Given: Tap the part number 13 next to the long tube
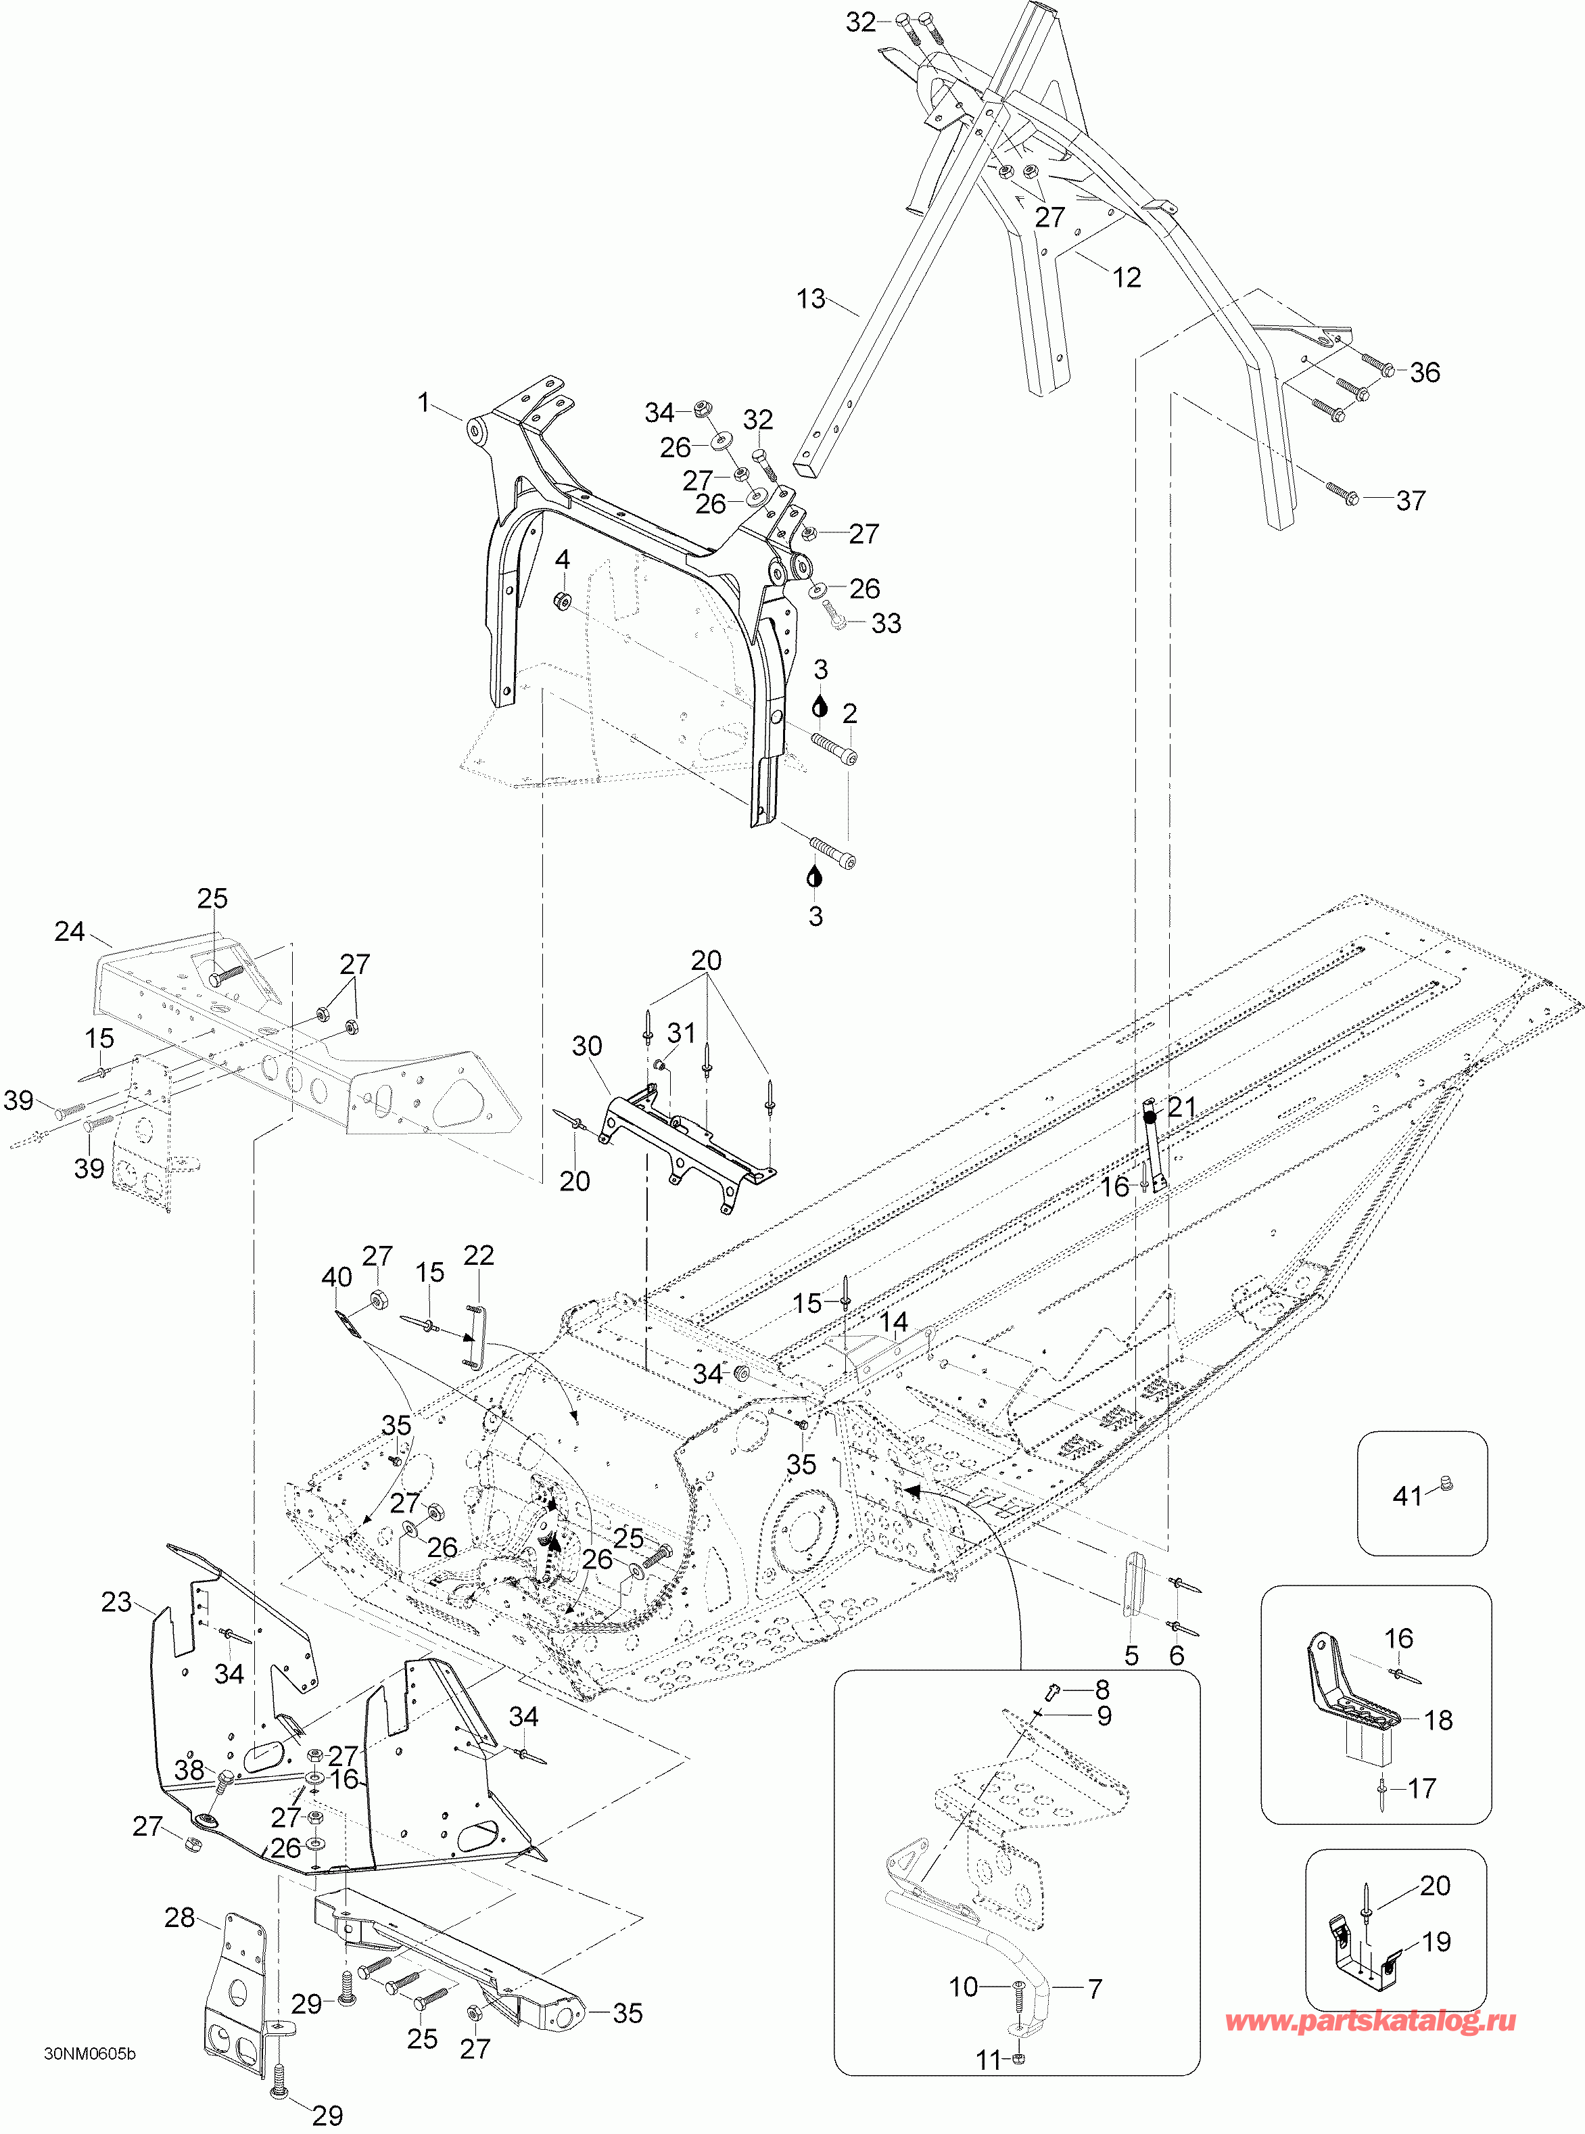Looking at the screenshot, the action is point(811,300).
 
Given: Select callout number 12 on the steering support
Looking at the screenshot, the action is point(1127,277).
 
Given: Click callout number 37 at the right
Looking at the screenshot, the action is point(1411,500).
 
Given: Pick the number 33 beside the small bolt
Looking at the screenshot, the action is point(886,624).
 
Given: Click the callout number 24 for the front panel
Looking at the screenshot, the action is point(69,931).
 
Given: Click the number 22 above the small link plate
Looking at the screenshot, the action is point(479,1255).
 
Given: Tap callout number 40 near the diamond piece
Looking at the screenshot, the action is point(337,1277).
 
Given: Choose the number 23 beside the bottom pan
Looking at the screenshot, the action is point(116,1602).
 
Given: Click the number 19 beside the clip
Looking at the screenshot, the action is point(1436,1941).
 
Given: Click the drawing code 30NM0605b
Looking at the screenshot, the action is point(90,2054).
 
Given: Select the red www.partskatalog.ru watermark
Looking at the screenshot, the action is point(1371,2022).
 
